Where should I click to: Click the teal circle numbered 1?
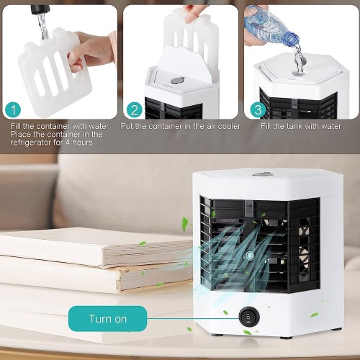13,110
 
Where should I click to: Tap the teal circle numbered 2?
135,110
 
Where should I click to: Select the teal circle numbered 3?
258,110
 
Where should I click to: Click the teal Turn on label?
107,319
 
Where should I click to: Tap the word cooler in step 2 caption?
229,126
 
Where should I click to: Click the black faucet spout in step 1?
40,9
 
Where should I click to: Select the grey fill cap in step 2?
178,81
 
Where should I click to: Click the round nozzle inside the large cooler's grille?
249,256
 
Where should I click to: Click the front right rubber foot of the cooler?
287,338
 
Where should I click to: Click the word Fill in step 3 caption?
265,126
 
